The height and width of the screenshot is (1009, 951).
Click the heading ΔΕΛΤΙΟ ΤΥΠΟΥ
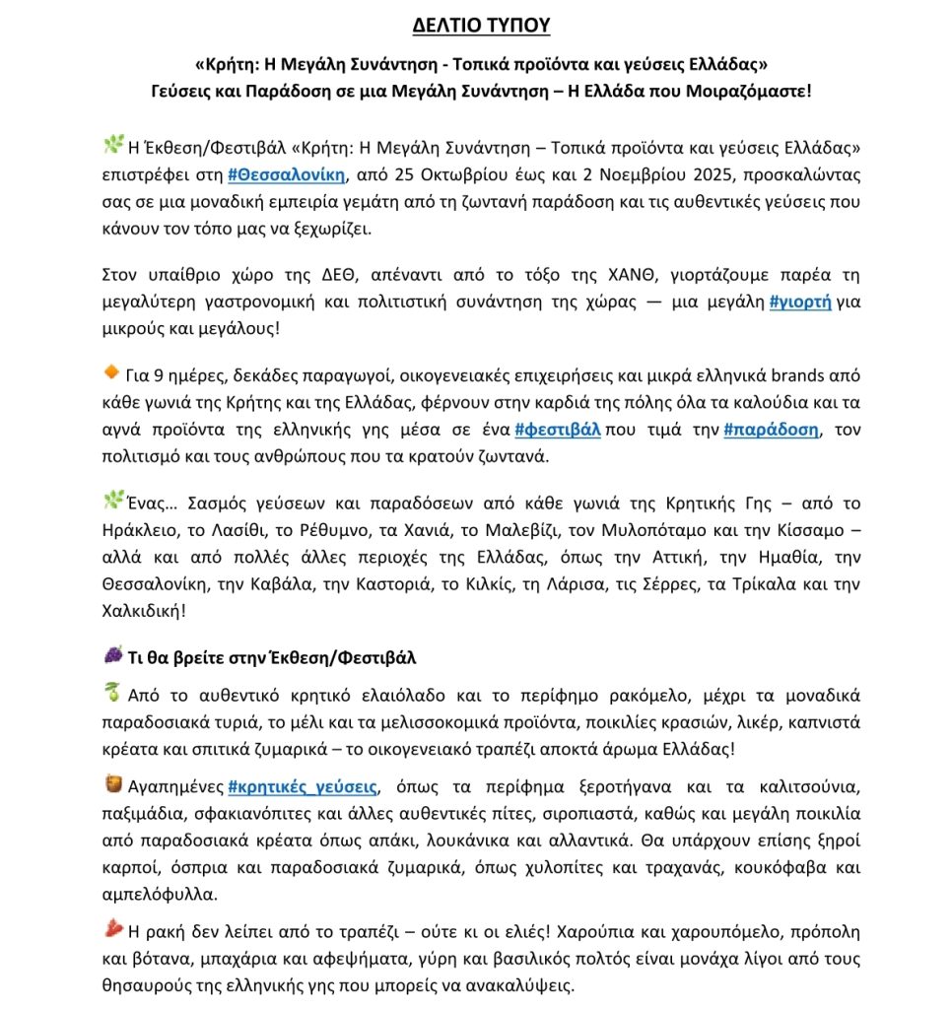[x=481, y=25]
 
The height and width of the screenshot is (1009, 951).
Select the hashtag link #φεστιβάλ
[x=558, y=430]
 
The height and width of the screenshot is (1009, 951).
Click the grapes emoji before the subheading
[x=113, y=655]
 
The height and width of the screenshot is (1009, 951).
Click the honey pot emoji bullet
[x=113, y=784]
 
